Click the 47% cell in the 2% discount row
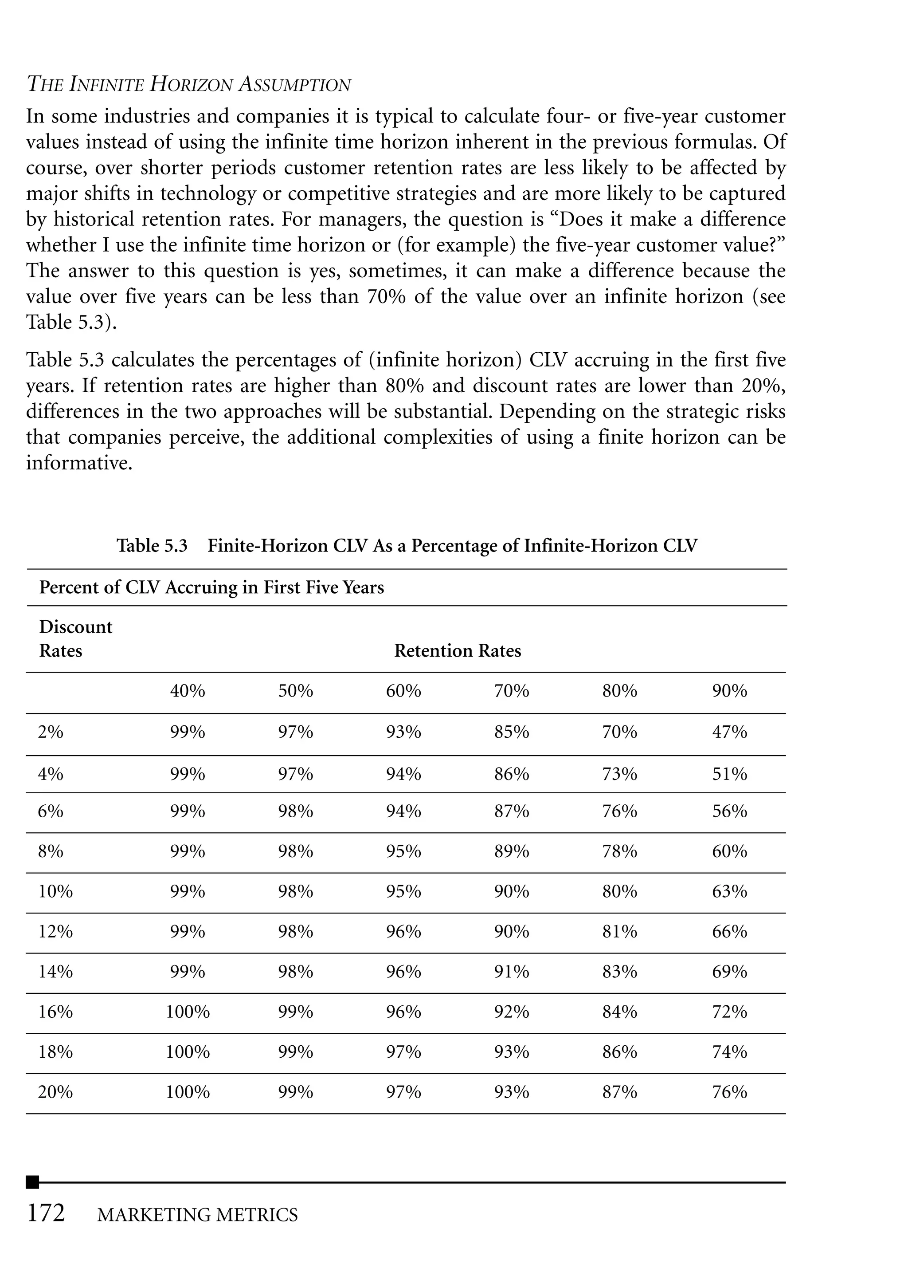[x=729, y=732]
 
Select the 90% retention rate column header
[x=729, y=691]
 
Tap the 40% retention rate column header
[x=187, y=691]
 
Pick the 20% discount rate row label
[x=55, y=1092]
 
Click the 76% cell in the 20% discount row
[x=729, y=1092]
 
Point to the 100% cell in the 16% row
[x=187, y=1012]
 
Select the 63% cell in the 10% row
[x=729, y=891]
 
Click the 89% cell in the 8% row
[x=511, y=851]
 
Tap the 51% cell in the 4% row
[x=729, y=774]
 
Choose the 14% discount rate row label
[x=55, y=971]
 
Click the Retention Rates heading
[x=458, y=650]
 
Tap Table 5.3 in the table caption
[x=152, y=545]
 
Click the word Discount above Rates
[x=75, y=626]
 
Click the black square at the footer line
[x=32, y=1182]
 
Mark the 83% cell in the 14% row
[x=619, y=971]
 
